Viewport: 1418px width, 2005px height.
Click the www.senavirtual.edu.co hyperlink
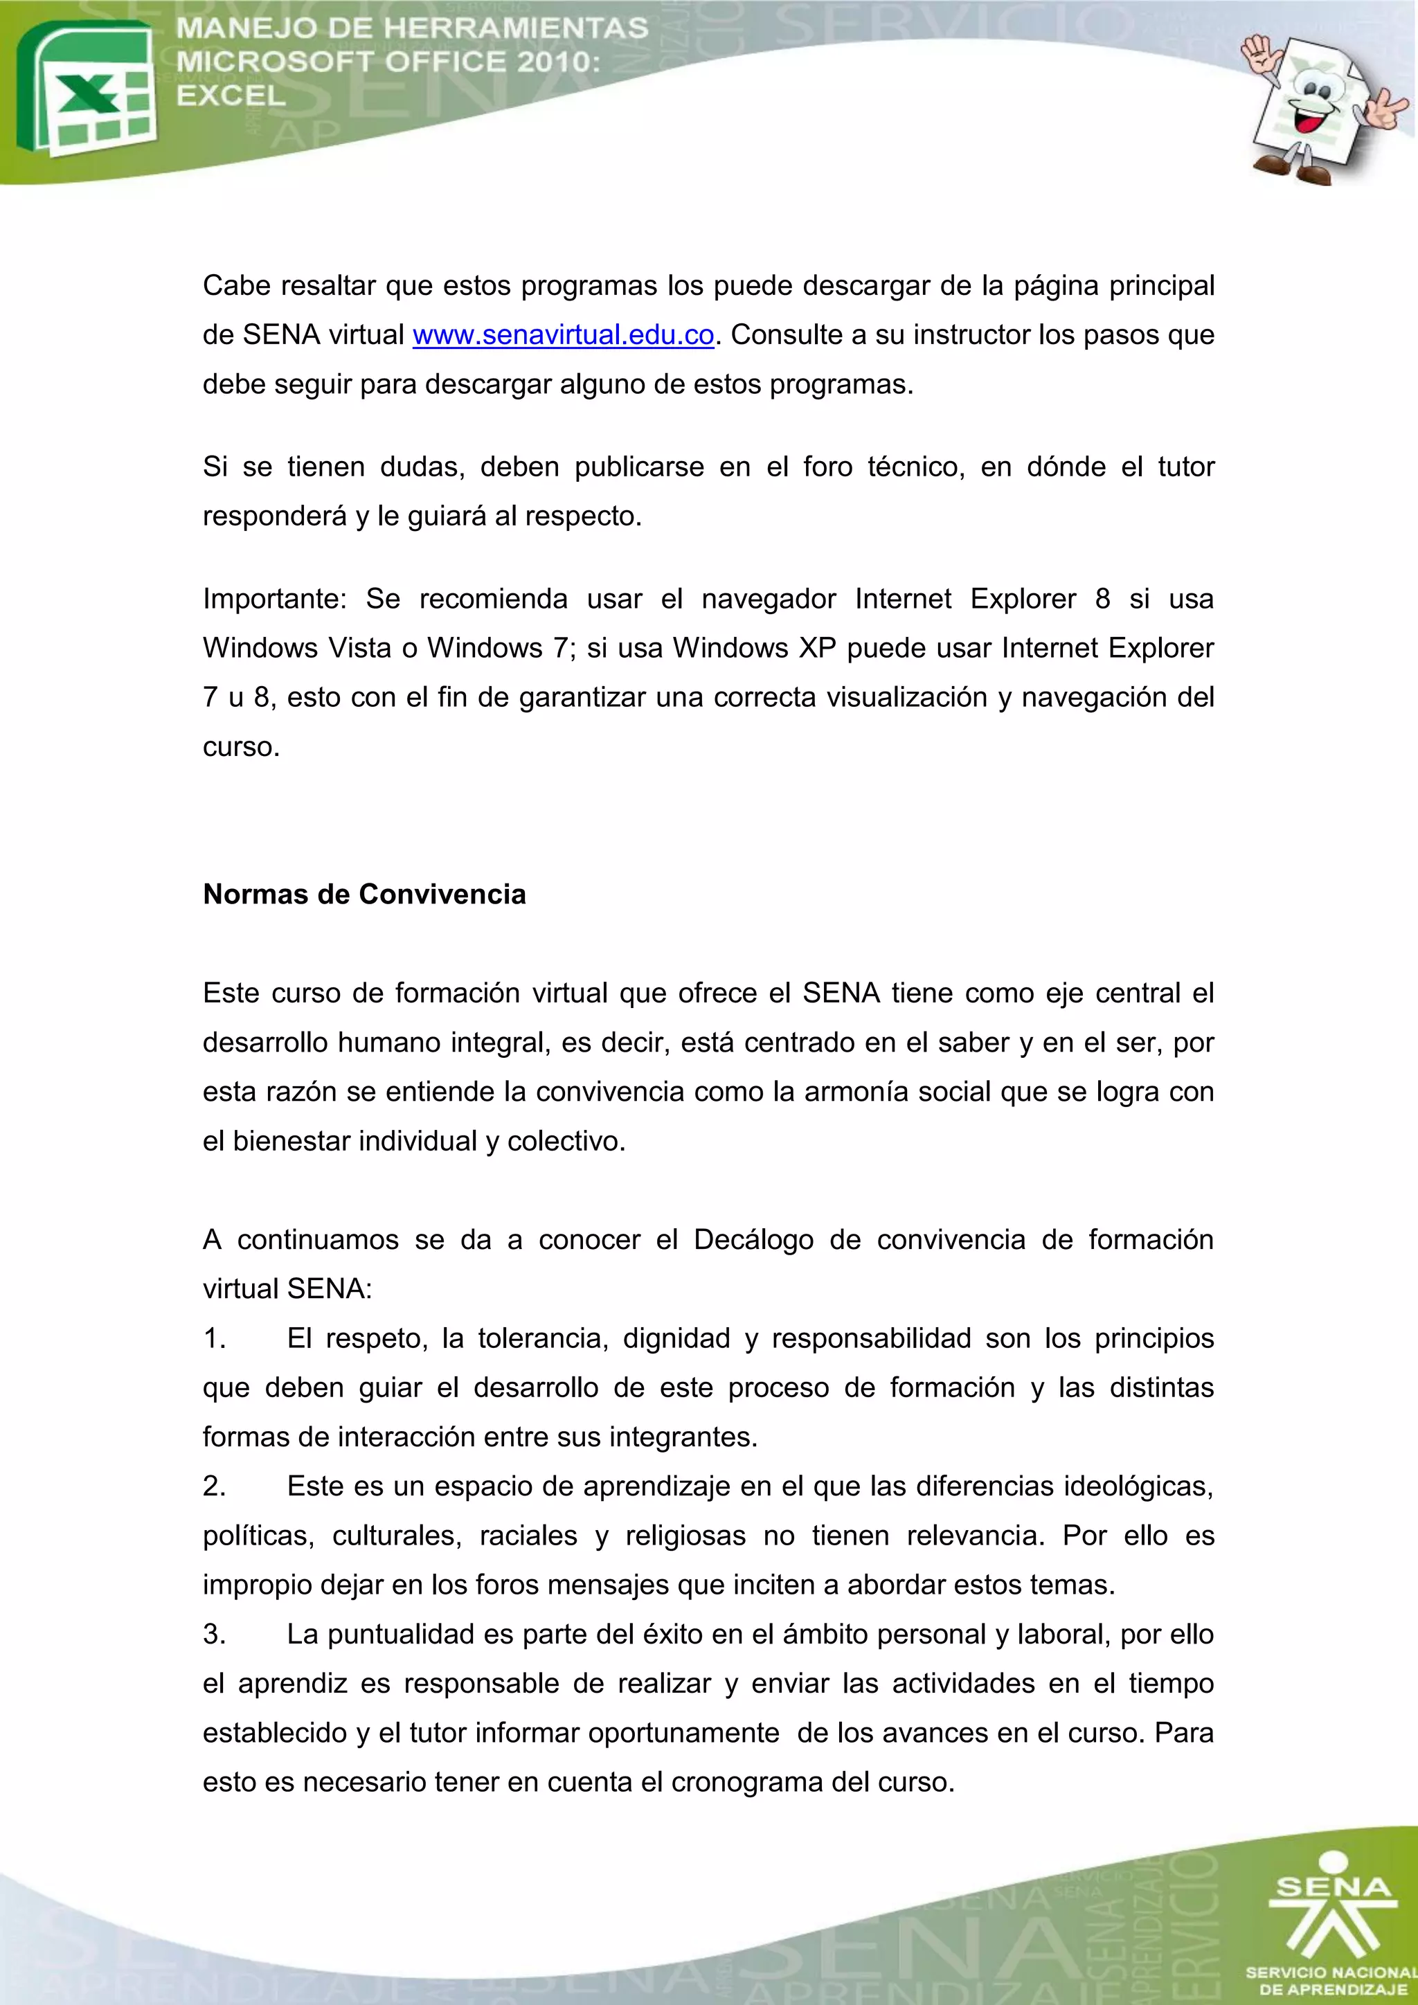563,335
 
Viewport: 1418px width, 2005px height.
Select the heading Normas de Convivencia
364,894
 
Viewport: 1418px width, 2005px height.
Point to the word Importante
274,599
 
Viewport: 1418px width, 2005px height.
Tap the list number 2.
214,1486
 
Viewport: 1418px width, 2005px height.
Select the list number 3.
214,1634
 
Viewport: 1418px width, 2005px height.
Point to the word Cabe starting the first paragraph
237,285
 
